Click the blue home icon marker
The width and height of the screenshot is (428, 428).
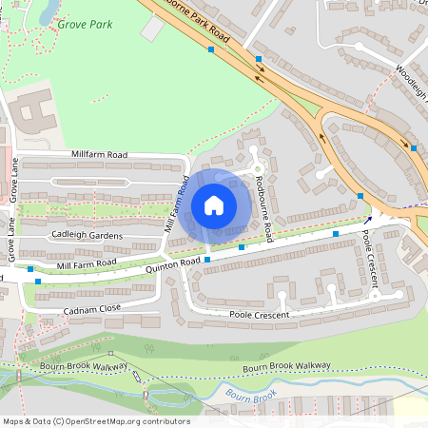click(x=214, y=204)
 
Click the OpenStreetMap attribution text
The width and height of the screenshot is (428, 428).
click(x=95, y=420)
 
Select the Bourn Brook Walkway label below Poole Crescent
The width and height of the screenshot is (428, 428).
click(x=286, y=366)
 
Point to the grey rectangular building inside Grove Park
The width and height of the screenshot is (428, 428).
click(x=151, y=29)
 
